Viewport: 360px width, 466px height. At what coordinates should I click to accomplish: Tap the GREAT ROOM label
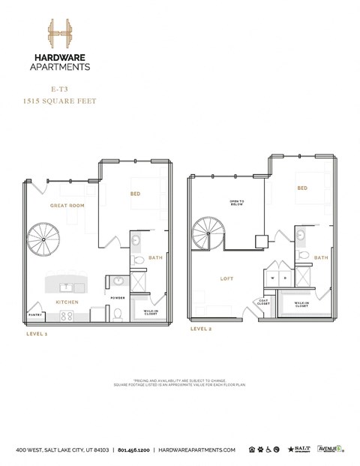coord(66,205)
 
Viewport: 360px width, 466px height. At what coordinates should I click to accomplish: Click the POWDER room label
coord(118,297)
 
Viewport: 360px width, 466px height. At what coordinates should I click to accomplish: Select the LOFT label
coord(226,279)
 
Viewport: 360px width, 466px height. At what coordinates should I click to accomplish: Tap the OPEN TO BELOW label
coord(238,203)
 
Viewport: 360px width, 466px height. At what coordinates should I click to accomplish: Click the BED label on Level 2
coord(303,188)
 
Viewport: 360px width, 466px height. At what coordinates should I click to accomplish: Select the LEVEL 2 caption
coord(201,329)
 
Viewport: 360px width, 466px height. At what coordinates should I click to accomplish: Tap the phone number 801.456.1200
coord(138,450)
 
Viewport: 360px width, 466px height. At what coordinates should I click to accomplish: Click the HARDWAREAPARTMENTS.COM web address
coord(202,450)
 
